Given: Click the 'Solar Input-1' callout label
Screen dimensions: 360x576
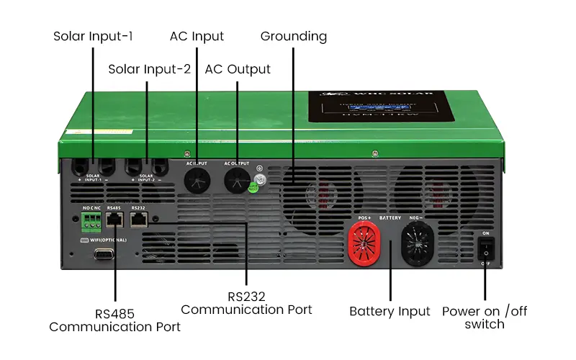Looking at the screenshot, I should pyautogui.click(x=93, y=36).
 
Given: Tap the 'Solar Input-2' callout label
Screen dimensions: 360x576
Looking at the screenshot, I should pyautogui.click(x=149, y=69).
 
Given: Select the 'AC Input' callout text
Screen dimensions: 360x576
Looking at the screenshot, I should pyautogui.click(x=197, y=36).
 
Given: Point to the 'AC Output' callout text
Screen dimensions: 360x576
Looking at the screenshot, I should pyautogui.click(x=238, y=69).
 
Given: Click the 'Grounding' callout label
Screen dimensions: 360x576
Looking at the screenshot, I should pyautogui.click(x=294, y=36).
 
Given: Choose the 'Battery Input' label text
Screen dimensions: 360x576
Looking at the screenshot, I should pyautogui.click(x=390, y=312).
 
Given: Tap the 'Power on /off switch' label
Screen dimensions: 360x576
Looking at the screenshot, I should pyautogui.click(x=484, y=318).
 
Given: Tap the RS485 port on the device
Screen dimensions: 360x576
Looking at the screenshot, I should pyautogui.click(x=114, y=220).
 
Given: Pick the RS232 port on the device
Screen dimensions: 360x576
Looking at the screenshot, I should pyautogui.click(x=140, y=220).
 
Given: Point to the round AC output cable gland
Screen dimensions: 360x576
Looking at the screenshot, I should pyautogui.click(x=236, y=181).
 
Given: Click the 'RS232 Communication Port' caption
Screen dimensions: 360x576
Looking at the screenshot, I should pyautogui.click(x=246, y=302).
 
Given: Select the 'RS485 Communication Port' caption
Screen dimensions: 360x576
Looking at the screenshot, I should pyautogui.click(x=114, y=320).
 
